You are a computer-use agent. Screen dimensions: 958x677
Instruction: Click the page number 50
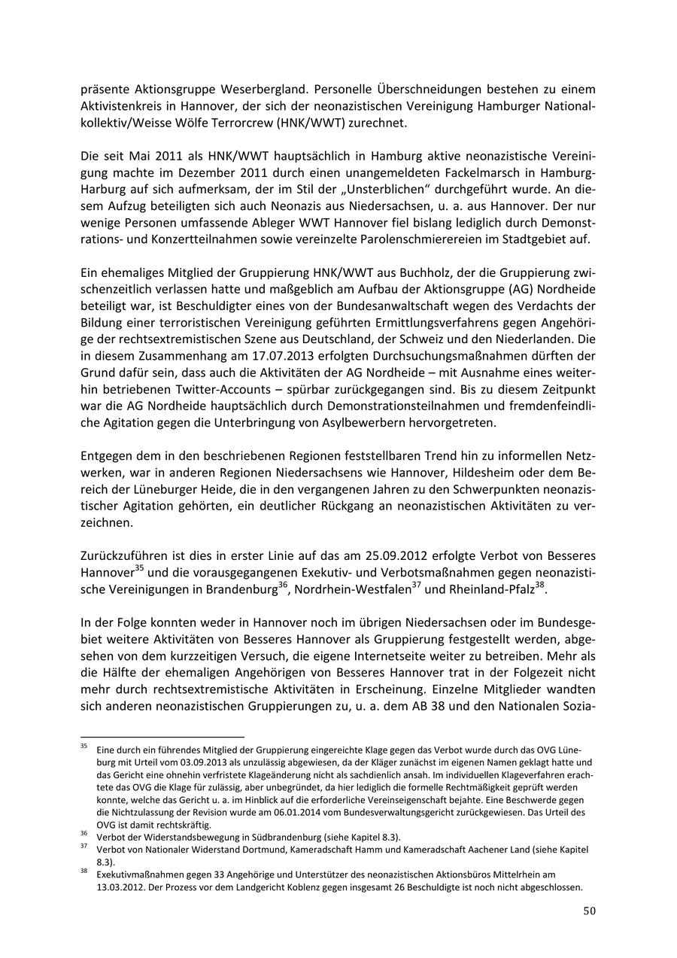(x=589, y=911)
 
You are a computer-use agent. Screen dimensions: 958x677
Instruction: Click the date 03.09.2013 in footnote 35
(x=187, y=762)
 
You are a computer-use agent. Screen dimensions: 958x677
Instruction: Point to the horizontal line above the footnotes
(x=162, y=737)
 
